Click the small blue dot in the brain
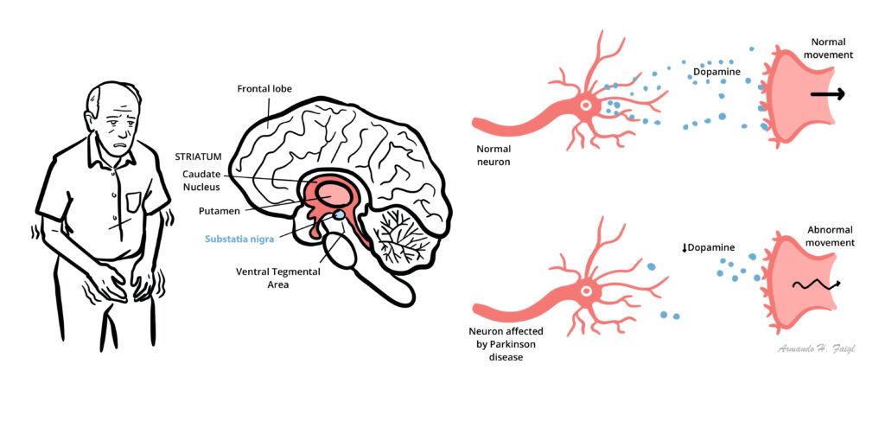coord(339,214)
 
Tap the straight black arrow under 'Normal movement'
coord(828,95)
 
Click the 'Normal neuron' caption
coord(493,156)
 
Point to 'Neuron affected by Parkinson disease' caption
coord(510,343)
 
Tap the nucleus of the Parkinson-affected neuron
coord(586,293)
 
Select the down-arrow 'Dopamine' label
coord(709,247)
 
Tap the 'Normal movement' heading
coord(828,48)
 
